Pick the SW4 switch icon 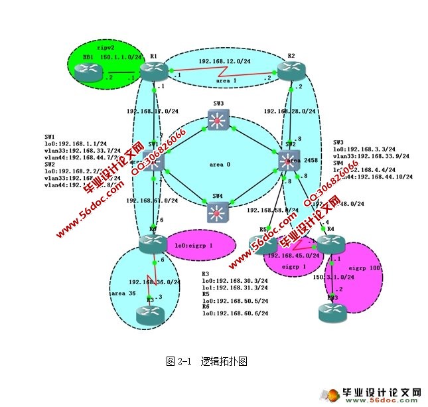tap(217, 211)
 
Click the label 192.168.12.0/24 tap(224, 61)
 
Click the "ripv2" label tap(106, 48)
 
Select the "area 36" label tap(123, 293)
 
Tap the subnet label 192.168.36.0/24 tap(155, 282)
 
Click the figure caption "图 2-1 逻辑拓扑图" tap(206, 362)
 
